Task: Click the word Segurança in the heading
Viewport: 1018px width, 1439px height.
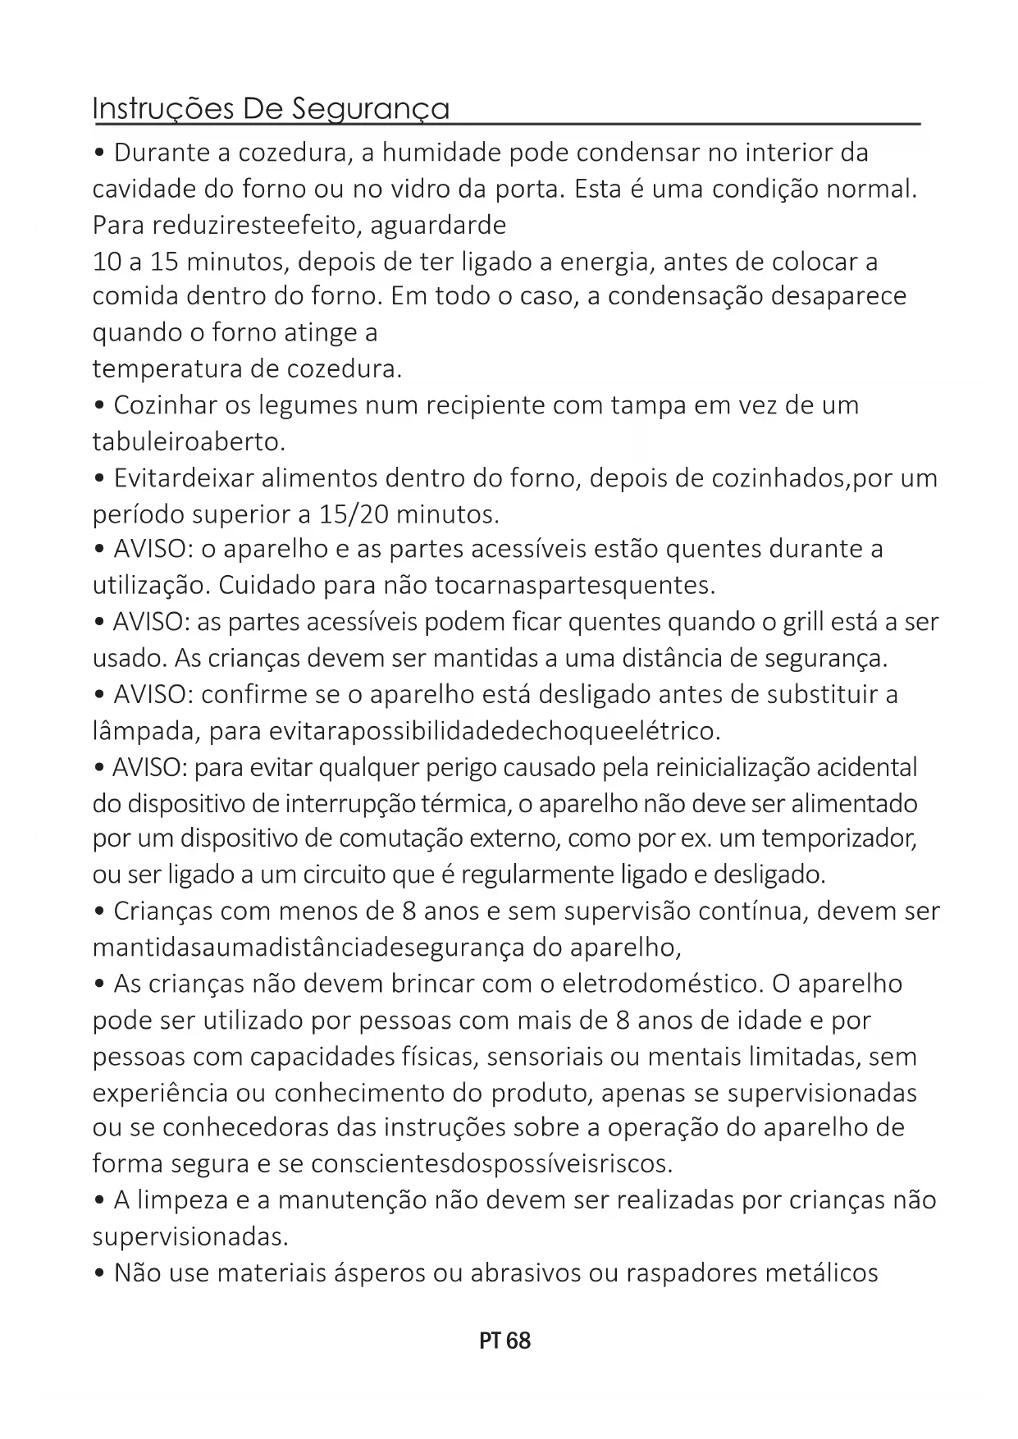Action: tap(371, 109)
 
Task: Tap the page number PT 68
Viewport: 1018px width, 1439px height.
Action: tap(504, 1341)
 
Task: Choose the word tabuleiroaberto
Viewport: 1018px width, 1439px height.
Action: tap(189, 441)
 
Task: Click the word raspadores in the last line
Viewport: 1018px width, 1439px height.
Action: tap(689, 1273)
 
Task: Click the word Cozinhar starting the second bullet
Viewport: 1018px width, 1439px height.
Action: tap(175, 405)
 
